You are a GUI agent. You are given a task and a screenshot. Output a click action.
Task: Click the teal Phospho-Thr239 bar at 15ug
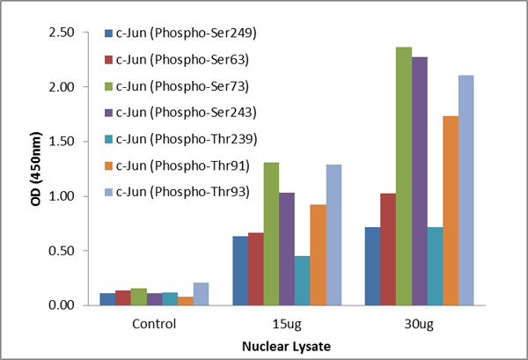(x=303, y=281)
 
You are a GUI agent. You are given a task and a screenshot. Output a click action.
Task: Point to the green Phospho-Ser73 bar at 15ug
(x=271, y=234)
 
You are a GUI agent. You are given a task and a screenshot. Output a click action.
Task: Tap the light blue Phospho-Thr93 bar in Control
(x=201, y=294)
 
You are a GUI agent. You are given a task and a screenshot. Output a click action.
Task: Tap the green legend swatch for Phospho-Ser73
(x=109, y=86)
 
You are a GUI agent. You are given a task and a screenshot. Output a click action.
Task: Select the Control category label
(x=154, y=323)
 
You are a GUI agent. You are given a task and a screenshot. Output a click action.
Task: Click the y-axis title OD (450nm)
(x=31, y=169)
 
